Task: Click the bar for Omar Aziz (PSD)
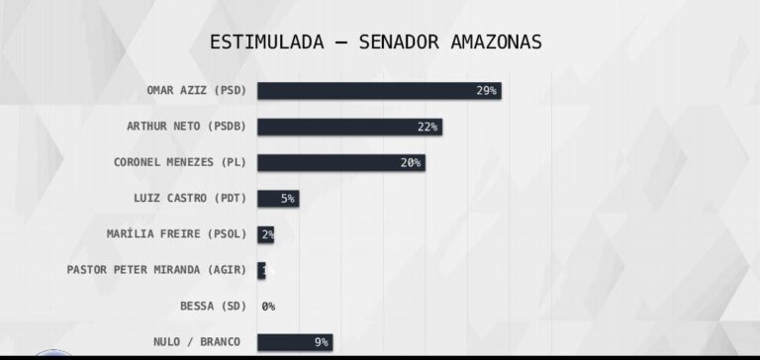click(379, 90)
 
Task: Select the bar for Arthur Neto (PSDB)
click(349, 127)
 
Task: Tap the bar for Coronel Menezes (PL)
click(340, 162)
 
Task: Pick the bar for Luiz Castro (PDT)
click(277, 198)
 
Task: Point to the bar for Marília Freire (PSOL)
click(265, 234)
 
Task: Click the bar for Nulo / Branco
click(294, 342)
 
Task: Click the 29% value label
click(486, 90)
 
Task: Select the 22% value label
click(427, 127)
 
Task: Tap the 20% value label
click(411, 162)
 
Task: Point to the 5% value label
click(287, 198)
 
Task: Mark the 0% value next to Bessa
click(268, 307)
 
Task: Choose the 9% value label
click(321, 342)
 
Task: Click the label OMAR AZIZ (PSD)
click(196, 90)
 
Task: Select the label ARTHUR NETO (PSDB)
click(186, 127)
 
